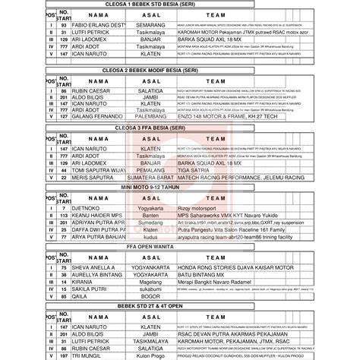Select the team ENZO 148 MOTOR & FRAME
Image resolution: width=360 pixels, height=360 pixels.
click(218, 118)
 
